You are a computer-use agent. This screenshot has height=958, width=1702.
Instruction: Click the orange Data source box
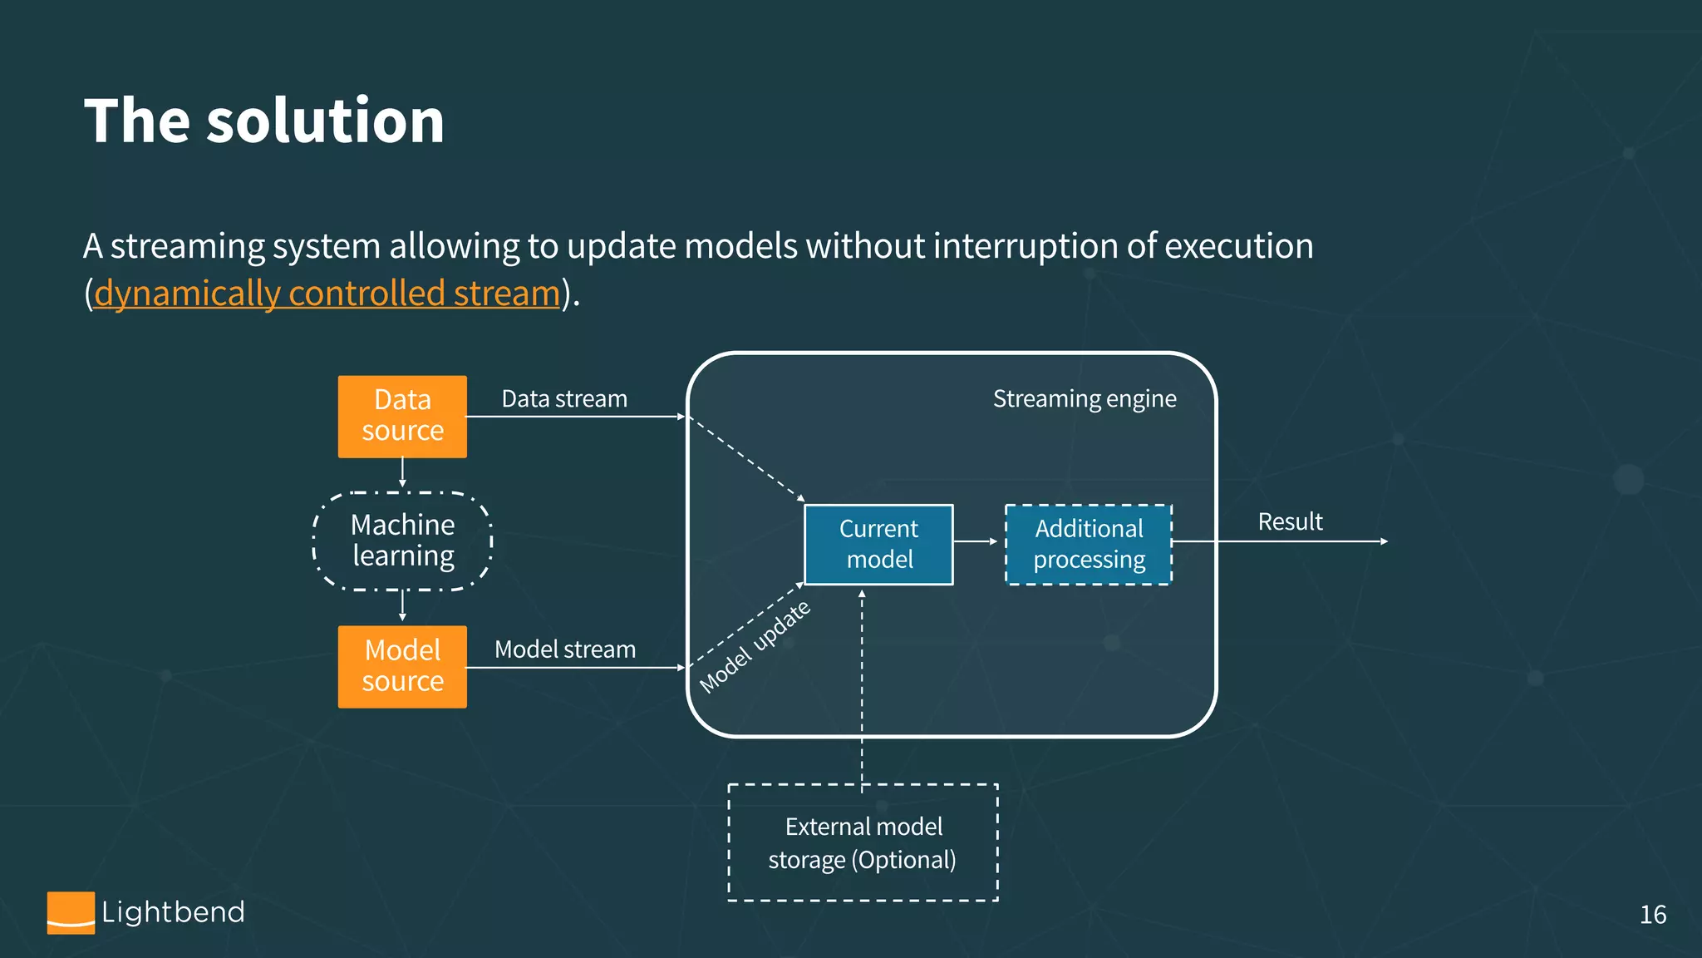click(402, 416)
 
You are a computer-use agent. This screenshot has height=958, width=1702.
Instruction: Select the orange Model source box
click(402, 666)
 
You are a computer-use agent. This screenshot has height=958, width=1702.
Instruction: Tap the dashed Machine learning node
click(402, 541)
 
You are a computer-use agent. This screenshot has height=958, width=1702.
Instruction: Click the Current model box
click(878, 544)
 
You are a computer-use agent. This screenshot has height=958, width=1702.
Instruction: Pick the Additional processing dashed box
click(1089, 544)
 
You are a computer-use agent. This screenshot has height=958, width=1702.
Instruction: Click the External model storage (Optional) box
click(863, 842)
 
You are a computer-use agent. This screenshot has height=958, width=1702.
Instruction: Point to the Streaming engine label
click(1085, 399)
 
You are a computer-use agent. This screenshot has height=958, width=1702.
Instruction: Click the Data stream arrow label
click(564, 399)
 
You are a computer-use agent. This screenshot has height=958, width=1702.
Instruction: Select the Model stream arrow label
click(565, 649)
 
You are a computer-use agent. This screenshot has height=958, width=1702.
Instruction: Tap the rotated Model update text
click(755, 647)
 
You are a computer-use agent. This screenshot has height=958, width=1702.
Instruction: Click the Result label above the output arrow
click(1290, 522)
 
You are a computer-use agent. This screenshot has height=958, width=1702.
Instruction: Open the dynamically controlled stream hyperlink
click(327, 294)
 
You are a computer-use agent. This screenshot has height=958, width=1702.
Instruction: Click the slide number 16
click(1652, 915)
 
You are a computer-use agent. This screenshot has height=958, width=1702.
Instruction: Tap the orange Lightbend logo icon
click(71, 912)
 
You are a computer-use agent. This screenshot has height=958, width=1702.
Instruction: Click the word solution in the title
click(325, 121)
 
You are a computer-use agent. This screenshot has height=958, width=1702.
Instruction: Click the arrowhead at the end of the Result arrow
click(1384, 541)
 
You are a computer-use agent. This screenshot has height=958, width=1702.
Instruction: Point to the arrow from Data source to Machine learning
click(402, 472)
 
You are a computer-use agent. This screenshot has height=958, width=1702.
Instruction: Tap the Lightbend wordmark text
click(173, 912)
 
